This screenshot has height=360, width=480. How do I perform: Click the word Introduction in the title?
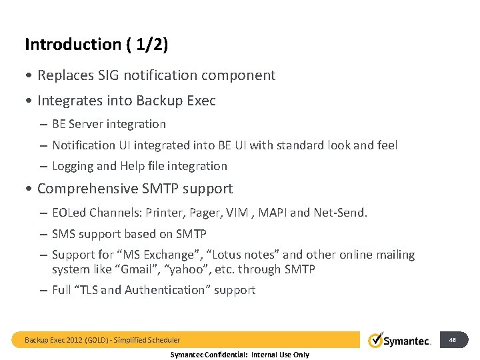click(x=72, y=45)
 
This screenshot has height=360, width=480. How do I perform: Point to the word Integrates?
click(x=69, y=101)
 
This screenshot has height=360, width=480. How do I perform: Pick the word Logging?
click(x=73, y=166)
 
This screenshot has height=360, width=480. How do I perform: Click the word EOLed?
click(x=70, y=213)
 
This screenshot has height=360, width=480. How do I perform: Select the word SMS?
click(x=65, y=234)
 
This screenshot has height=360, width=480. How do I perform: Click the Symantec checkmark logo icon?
click(x=377, y=339)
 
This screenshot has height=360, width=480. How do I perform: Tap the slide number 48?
click(x=453, y=340)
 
